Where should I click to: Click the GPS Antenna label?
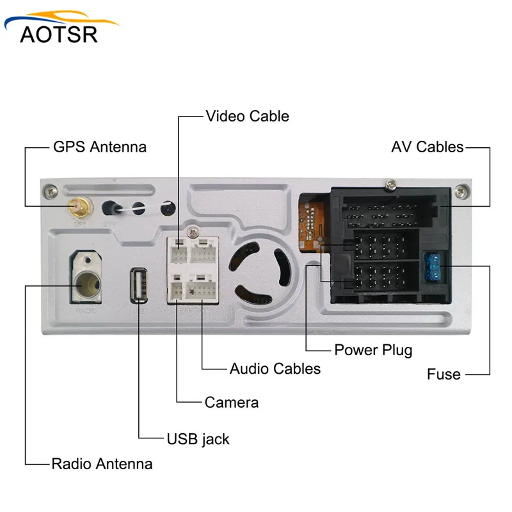(99, 147)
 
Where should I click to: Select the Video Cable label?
(247, 116)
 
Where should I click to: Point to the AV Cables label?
(427, 147)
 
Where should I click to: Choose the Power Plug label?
(373, 350)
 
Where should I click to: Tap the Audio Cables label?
(275, 369)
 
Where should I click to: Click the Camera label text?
(232, 403)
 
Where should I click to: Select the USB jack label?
(198, 439)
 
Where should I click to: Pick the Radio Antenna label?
(102, 464)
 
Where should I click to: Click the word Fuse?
(444, 374)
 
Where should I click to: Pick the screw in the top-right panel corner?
(460, 189)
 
